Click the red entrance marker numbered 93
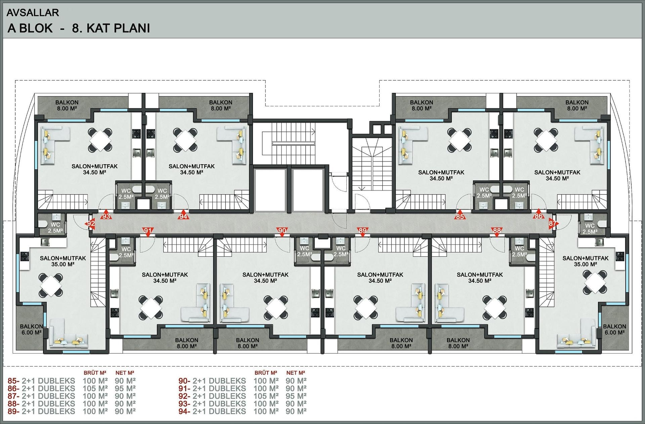pos(106,215)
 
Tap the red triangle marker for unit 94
pos(183,216)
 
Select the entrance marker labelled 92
pos(91,223)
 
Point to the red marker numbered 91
pos(148,231)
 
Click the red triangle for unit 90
pos(282,231)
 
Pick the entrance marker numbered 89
pos(362,231)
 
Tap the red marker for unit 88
pos(497,231)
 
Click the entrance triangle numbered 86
pos(539,215)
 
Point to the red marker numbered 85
pos(460,216)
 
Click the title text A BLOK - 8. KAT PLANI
pos(79,28)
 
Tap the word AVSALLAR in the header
pos(33,13)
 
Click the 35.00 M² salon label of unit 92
pos(63,264)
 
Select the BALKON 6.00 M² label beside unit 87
pos(614,329)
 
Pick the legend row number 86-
pos(13,389)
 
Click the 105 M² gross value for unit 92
pos(266,396)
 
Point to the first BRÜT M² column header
pos(95,373)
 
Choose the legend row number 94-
pos(184,412)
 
